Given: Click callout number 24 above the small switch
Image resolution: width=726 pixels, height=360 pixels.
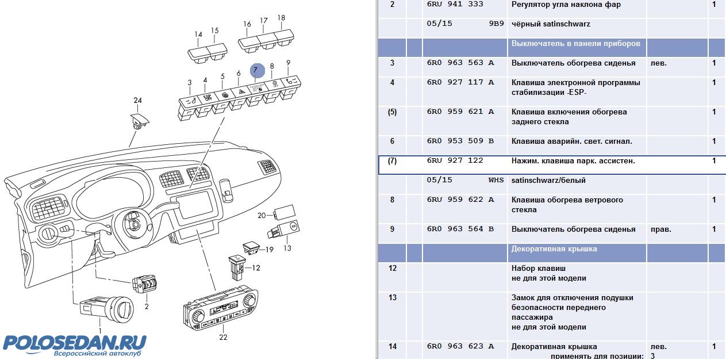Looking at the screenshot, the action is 138,101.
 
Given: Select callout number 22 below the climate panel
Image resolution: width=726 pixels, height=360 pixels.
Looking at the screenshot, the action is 223,338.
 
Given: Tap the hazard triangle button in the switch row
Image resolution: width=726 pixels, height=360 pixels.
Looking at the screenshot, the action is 241,92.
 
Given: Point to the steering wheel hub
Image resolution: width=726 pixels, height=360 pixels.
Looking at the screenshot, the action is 133,224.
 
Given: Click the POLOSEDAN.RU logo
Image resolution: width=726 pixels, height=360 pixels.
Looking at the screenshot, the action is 74,345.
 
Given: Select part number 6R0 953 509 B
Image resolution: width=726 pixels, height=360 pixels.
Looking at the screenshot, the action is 460,141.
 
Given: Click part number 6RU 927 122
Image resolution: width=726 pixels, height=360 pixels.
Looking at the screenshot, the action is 455,160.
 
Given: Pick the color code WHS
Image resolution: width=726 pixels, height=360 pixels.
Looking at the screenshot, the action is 496,180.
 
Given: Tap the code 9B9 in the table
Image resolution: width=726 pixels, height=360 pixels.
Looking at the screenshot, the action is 496,24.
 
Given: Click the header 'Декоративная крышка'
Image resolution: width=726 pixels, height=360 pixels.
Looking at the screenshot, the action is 554,249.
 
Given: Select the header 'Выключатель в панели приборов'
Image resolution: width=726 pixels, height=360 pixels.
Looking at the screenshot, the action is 576,44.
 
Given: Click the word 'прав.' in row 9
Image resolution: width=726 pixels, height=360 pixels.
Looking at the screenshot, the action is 661,229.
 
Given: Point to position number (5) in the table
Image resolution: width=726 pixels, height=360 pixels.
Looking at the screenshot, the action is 392,112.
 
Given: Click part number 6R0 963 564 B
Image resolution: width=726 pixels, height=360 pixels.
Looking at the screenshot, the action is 460,229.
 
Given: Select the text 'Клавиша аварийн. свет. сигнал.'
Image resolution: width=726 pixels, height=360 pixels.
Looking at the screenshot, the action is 572,141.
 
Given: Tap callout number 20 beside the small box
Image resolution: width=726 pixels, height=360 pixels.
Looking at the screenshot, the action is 262,215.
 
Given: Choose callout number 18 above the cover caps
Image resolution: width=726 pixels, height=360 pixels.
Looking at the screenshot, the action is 281,18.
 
